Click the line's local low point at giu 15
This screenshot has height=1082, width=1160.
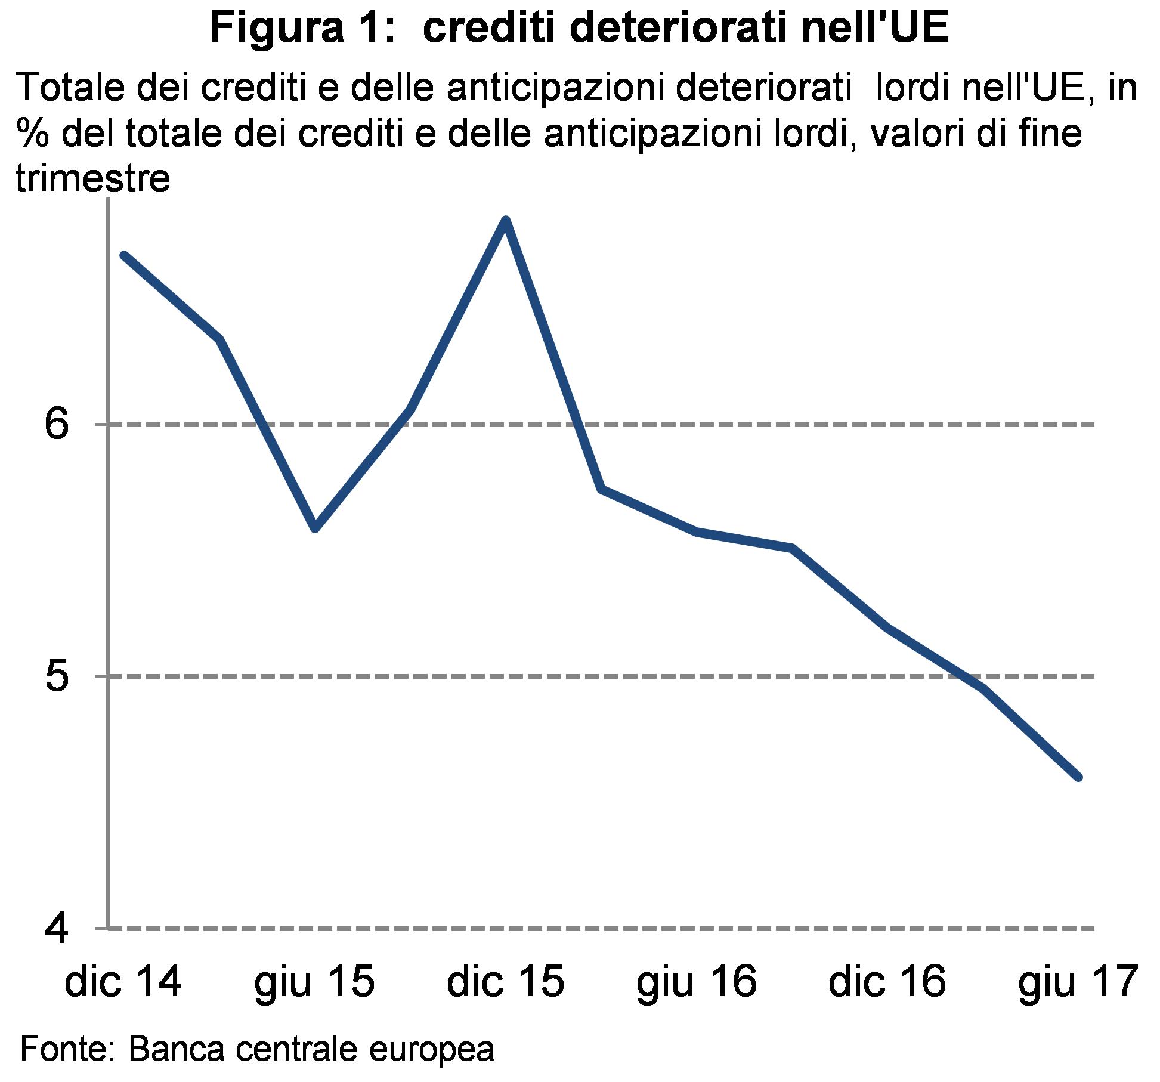[315, 528]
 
